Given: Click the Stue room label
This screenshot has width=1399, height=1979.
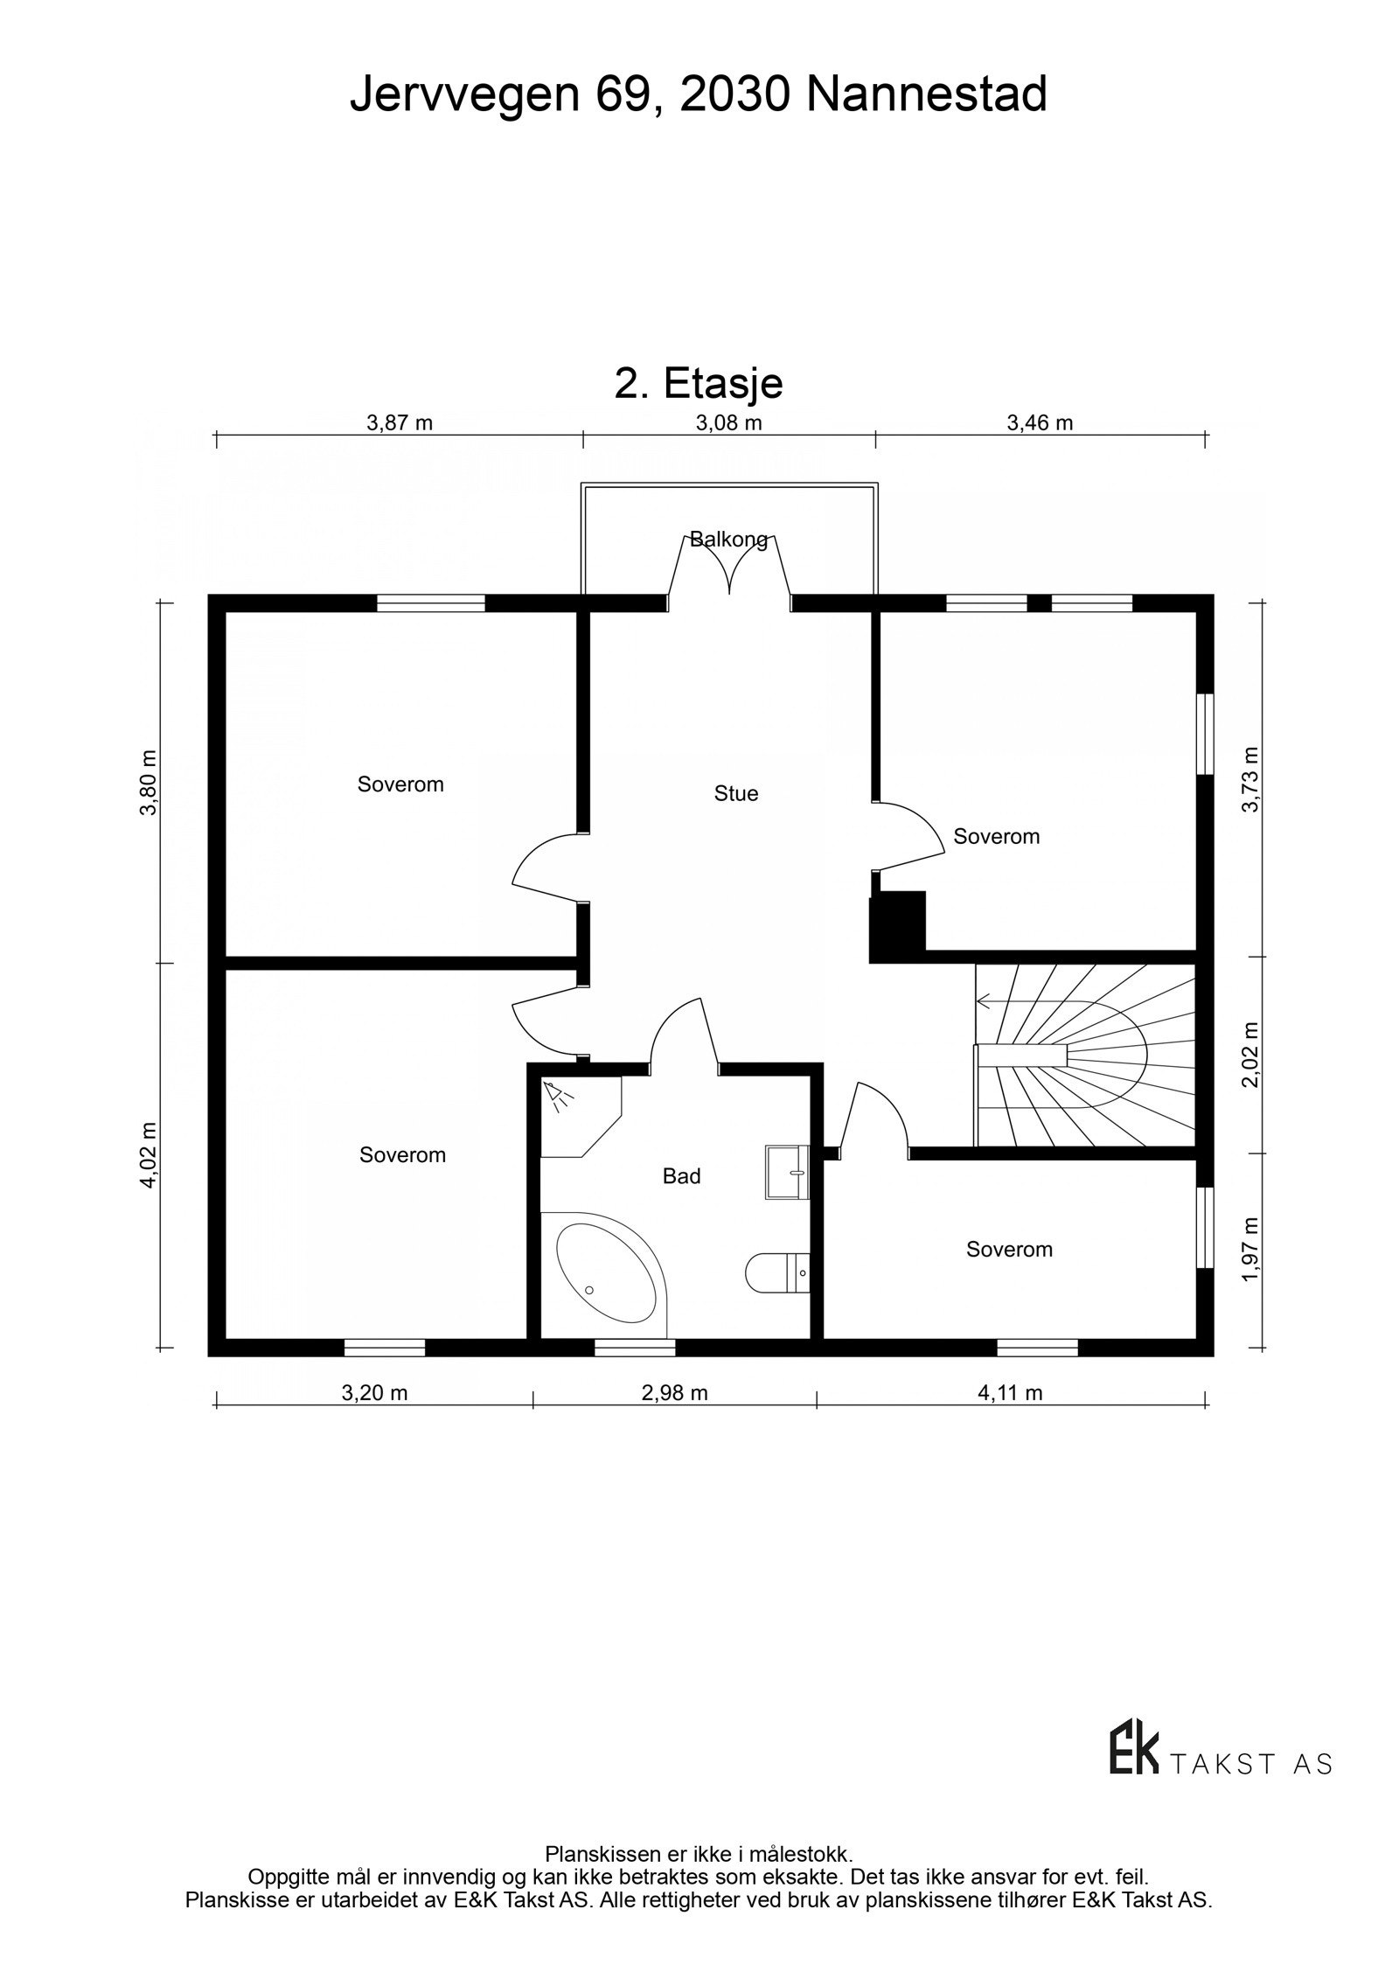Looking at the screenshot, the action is tap(735, 794).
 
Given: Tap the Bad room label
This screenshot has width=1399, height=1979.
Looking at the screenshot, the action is tap(681, 1176).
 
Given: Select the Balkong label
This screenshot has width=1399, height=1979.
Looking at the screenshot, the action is tap(728, 539).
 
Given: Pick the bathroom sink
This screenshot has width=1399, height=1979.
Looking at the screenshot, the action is tap(787, 1172).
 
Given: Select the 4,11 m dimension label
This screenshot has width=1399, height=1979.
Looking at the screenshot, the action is tap(1010, 1392).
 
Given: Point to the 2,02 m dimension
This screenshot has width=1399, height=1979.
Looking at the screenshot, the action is tap(1250, 1054).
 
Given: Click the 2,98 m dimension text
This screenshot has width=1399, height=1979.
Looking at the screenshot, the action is tap(674, 1392).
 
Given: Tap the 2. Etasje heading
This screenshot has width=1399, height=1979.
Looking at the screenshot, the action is tap(698, 383).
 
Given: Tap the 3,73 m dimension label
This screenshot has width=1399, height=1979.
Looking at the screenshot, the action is tap(1250, 779).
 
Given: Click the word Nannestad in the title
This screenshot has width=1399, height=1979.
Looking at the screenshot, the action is tap(926, 94).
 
